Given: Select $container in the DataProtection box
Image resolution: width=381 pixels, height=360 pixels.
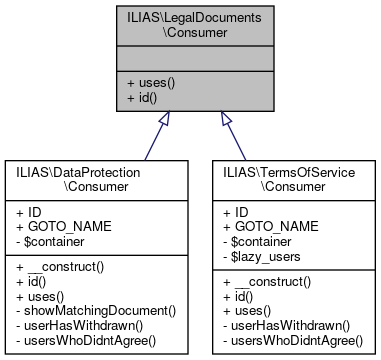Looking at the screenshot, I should [55, 241].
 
